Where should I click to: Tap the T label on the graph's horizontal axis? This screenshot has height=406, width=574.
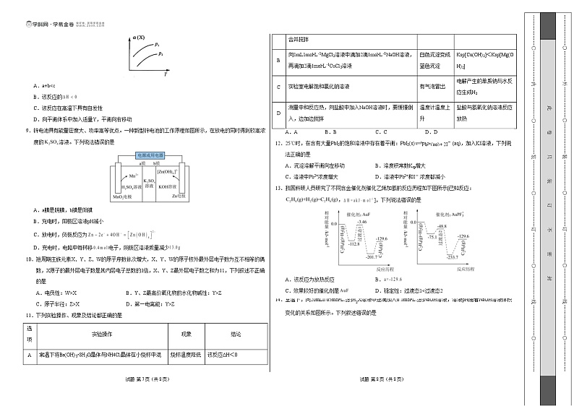pos(166,73)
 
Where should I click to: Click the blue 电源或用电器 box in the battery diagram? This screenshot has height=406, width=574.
pos(153,155)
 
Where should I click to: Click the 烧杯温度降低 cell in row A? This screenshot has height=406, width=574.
pos(186,355)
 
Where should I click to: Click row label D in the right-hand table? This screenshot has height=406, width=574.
pos(278,113)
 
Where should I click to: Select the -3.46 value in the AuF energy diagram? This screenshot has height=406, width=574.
pos(361,220)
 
